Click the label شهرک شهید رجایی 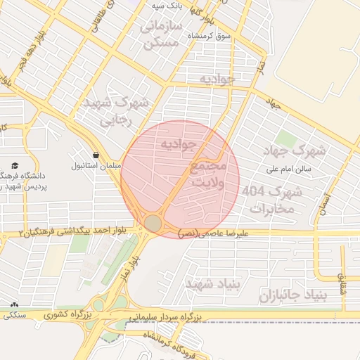pos(117,111)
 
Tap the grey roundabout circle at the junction pos(153,224)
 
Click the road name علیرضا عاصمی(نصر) pos(212,231)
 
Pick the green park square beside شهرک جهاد pos(285,138)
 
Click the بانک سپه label pos(168,6)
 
